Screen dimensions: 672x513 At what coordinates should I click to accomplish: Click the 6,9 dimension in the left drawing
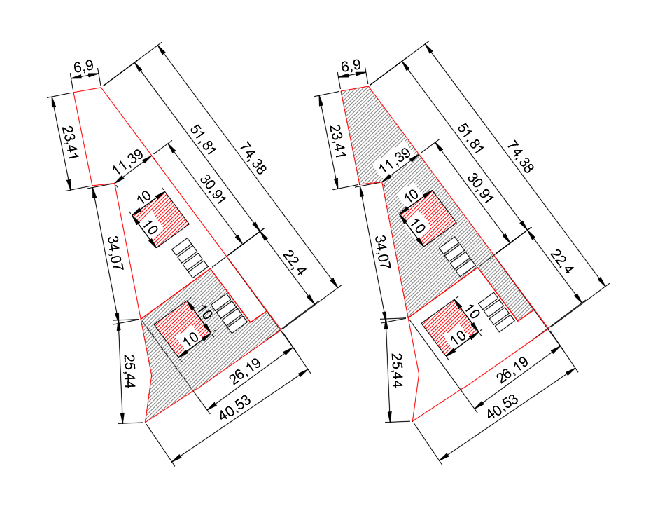click(x=83, y=67)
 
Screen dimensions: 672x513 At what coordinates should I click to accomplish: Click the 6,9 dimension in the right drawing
click(x=351, y=66)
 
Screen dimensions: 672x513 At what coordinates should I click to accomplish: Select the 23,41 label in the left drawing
click(x=70, y=142)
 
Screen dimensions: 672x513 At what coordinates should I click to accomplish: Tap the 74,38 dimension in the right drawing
click(x=521, y=158)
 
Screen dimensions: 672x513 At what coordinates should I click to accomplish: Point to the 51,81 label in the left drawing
click(x=204, y=140)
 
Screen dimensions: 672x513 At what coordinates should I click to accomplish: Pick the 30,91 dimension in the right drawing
click(x=480, y=188)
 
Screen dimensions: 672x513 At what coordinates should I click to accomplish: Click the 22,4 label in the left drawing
click(x=295, y=263)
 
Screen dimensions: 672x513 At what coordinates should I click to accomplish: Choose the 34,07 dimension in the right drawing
click(x=383, y=252)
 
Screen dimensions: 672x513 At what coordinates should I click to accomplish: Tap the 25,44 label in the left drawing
click(x=129, y=371)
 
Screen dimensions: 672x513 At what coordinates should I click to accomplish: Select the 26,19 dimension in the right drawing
click(x=512, y=370)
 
